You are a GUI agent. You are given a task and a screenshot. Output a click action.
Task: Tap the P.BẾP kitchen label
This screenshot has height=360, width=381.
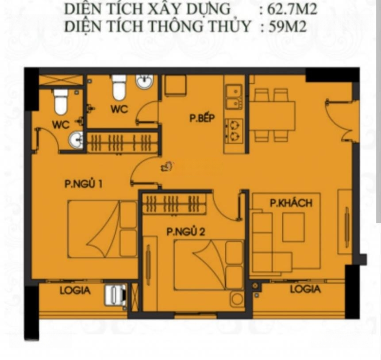(x=202, y=118)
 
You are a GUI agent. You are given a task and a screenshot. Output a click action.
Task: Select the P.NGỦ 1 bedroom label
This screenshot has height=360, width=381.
(x=83, y=184)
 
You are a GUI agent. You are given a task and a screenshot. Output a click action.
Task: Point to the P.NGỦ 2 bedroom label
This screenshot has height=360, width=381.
(x=186, y=231)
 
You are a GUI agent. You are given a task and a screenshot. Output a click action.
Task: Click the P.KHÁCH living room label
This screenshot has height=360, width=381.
(x=291, y=203)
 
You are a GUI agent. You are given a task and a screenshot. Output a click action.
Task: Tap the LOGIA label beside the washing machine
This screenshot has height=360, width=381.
(x=75, y=291)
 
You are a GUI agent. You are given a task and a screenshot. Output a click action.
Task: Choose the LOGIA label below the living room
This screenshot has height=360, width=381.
(x=305, y=289)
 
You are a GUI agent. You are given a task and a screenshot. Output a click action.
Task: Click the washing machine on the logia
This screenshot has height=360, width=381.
(x=115, y=295)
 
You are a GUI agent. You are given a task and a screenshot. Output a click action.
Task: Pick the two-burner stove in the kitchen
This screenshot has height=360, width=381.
(x=234, y=131)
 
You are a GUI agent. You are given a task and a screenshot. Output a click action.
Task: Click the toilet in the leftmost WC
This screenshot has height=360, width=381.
(x=61, y=102)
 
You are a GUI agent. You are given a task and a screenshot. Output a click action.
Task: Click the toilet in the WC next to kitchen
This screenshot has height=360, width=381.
(x=119, y=88)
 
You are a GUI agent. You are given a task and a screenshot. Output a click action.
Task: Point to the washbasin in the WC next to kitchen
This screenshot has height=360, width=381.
(x=145, y=81)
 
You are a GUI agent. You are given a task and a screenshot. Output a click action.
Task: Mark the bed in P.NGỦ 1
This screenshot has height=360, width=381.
(x=102, y=229)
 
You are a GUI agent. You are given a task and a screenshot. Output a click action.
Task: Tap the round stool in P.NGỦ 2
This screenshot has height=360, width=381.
(x=237, y=299)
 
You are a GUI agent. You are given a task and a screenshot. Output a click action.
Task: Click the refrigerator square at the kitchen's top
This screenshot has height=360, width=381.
(x=175, y=85)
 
